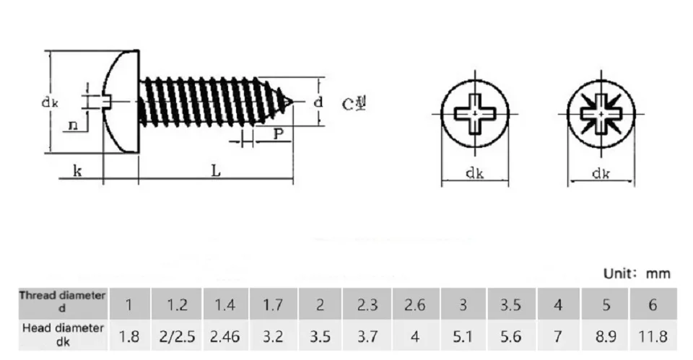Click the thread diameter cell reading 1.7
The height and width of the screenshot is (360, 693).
pyautogui.click(x=273, y=304)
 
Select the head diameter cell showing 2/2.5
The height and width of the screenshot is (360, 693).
pyautogui.click(x=177, y=337)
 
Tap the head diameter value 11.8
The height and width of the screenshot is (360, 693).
pyautogui.click(x=653, y=337)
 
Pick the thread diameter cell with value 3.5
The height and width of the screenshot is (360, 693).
pyautogui.click(x=510, y=304)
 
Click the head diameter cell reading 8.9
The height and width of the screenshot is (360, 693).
pyautogui.click(x=606, y=337)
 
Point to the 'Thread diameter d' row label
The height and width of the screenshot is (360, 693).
pyautogui.click(x=62, y=302)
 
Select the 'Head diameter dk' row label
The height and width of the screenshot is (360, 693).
pyautogui.click(x=63, y=334)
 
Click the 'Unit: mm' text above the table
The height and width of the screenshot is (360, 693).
pyautogui.click(x=637, y=273)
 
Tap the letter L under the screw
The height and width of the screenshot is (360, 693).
pyautogui.click(x=216, y=170)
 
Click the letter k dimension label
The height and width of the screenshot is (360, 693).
pyautogui.click(x=77, y=170)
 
